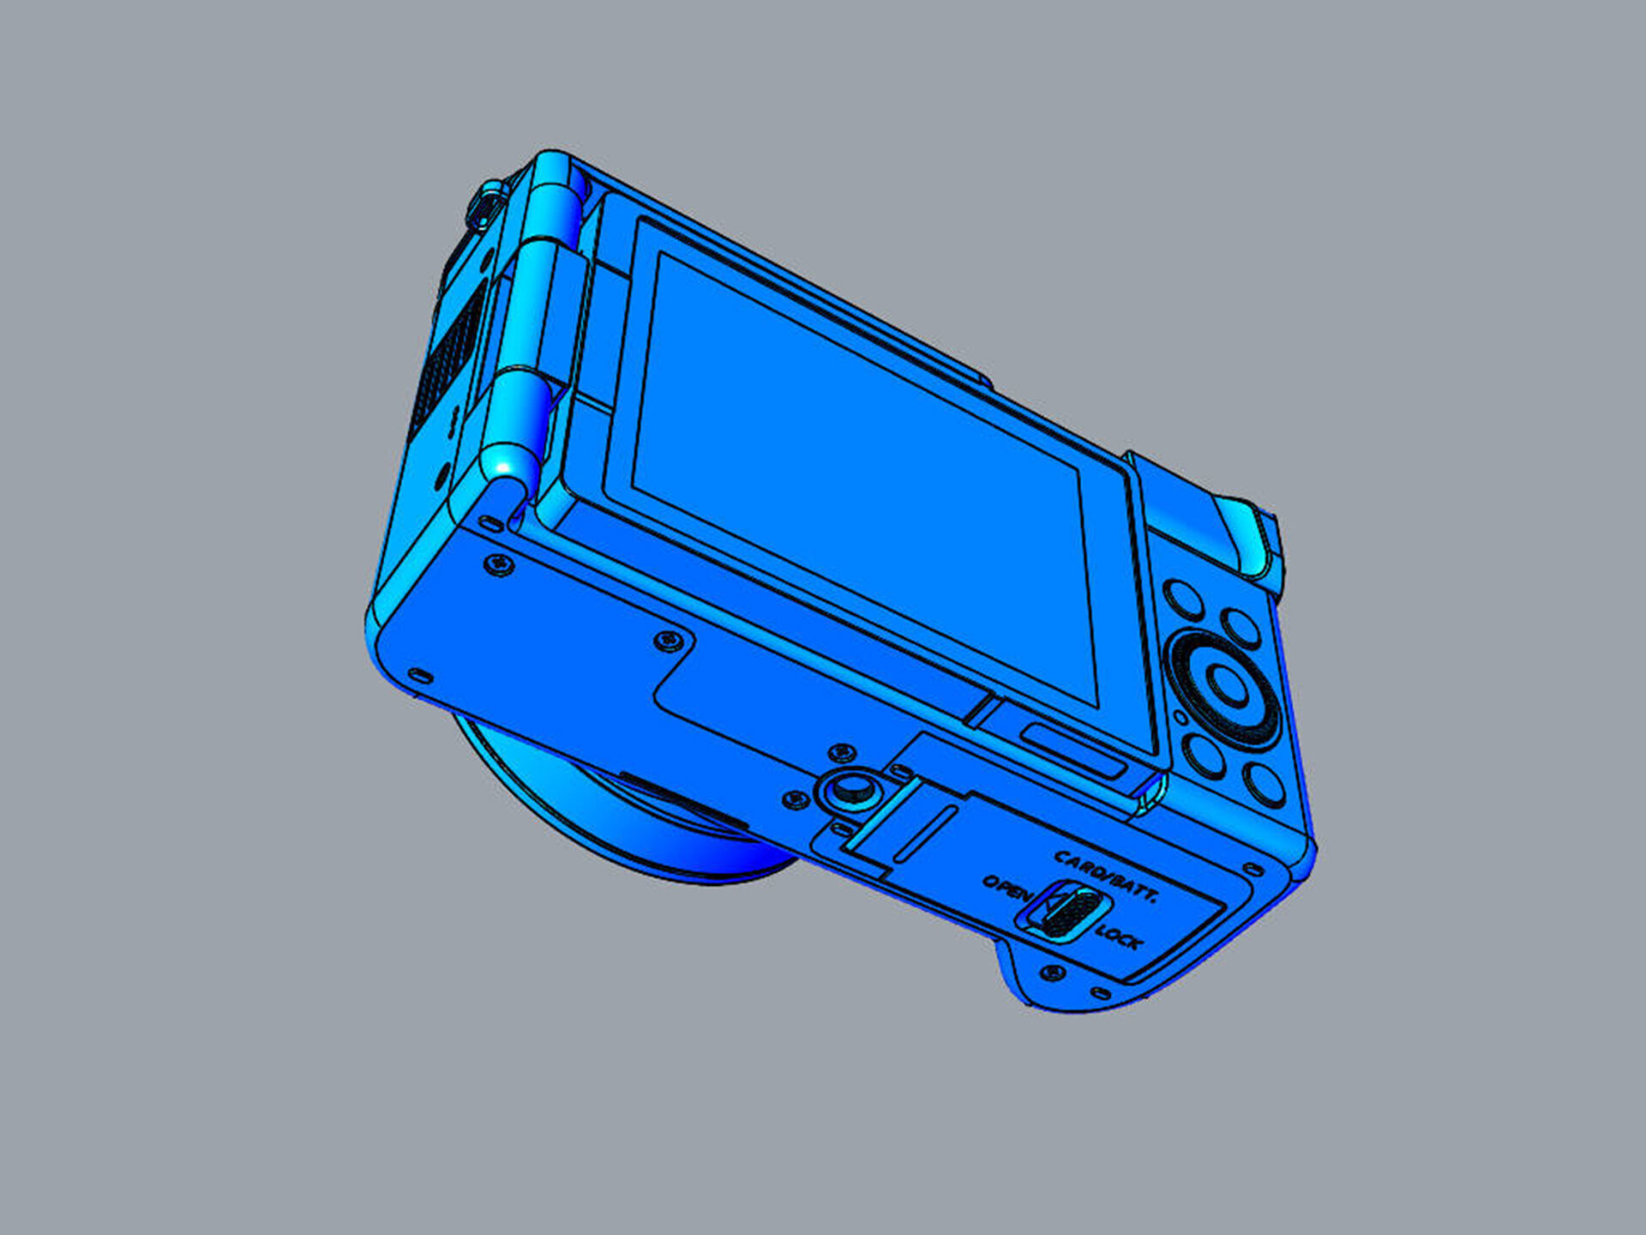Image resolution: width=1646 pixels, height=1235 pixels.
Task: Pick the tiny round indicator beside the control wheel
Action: pos(1180,717)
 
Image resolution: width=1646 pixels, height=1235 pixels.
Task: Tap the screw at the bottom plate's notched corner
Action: pos(670,640)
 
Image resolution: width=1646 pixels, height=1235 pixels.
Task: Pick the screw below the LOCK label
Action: pos(1053,973)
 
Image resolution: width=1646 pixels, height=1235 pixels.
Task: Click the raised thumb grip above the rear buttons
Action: pos(1209,523)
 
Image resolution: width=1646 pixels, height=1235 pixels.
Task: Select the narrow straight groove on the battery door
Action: pos(926,833)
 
